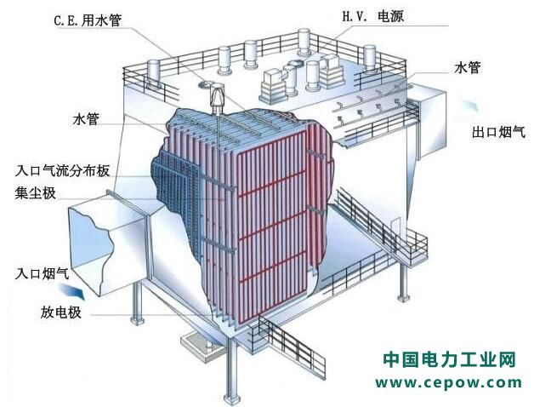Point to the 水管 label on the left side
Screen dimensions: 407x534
(x=87, y=119)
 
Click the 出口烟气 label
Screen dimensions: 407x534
(x=499, y=132)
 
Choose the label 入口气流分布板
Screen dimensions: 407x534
(x=62, y=170)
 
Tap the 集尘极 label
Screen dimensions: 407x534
(x=35, y=192)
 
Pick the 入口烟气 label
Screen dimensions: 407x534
(x=43, y=274)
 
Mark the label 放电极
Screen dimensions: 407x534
(x=59, y=312)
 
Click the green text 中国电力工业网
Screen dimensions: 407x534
(x=450, y=360)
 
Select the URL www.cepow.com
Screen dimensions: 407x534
(x=450, y=382)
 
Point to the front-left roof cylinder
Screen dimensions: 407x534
(x=154, y=76)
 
